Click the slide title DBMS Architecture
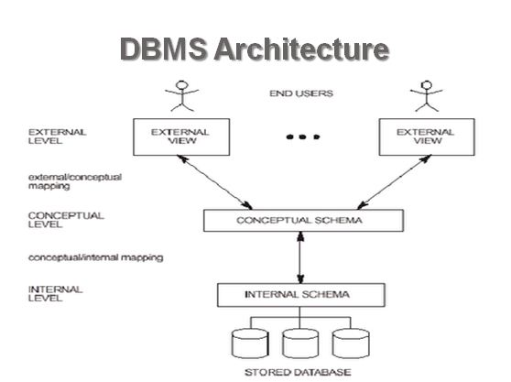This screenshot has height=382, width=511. [255, 49]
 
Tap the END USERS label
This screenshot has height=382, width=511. [300, 93]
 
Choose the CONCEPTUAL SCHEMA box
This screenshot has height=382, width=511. [301, 221]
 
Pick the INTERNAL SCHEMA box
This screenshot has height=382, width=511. [301, 295]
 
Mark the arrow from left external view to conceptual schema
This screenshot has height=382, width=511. [216, 181]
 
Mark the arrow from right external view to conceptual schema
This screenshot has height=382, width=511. [388, 181]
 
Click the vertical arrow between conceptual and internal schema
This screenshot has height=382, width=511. [301, 257]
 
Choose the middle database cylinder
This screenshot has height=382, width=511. [301, 343]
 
